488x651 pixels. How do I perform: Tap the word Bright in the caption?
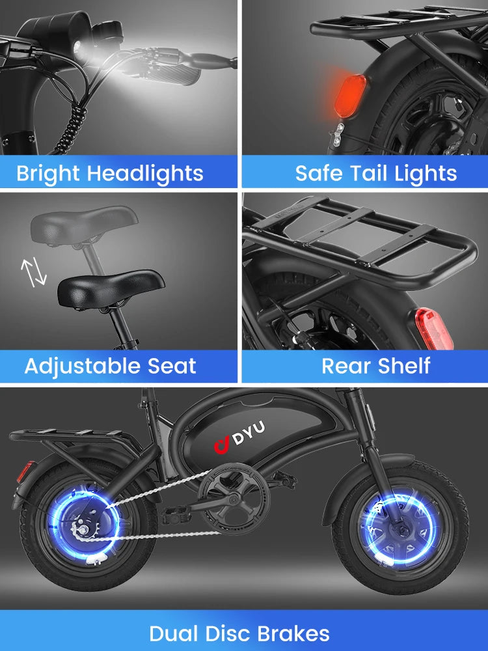pyautogui.click(x=49, y=174)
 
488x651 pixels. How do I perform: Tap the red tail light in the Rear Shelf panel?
pyautogui.click(x=434, y=329)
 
